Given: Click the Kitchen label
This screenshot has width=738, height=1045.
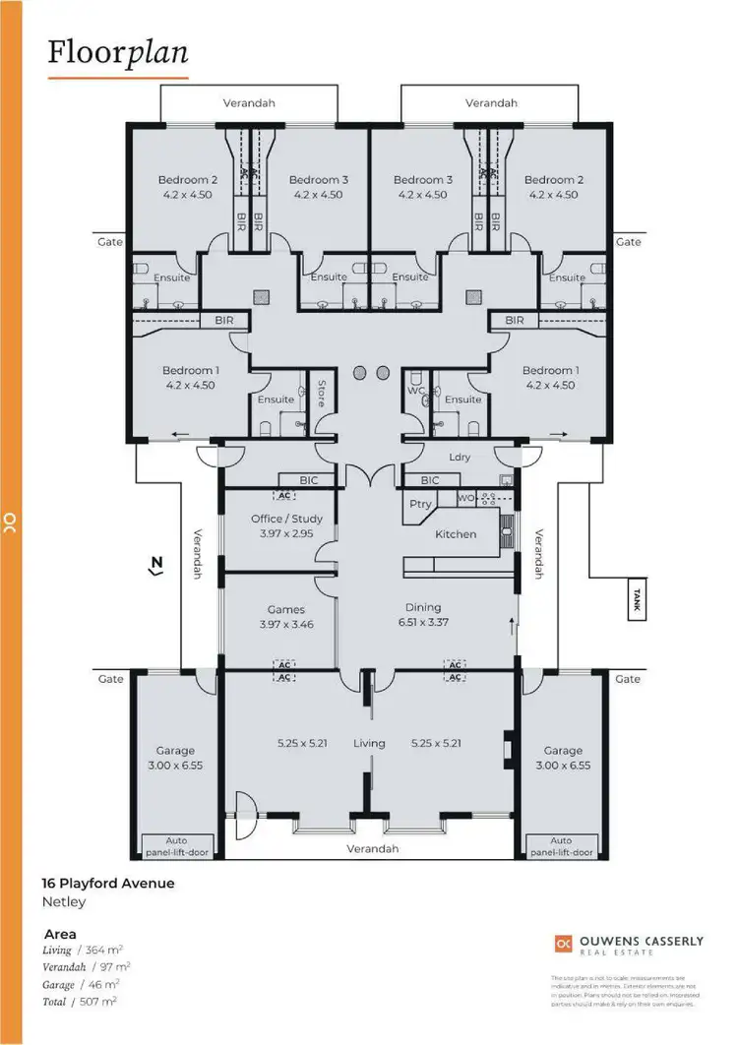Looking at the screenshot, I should point(456,534).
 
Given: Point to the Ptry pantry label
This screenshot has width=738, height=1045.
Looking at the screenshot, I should point(418,502).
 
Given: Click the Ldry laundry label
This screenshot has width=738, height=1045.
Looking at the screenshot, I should point(459,457).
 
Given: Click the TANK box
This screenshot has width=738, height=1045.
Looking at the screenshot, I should point(638,601).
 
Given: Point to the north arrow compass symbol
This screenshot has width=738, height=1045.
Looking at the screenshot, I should point(155,565).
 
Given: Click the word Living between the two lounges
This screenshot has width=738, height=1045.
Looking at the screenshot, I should point(369,743).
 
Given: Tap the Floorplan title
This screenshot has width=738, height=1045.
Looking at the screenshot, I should point(117,52).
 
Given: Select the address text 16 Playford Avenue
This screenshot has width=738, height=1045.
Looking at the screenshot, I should point(107,883).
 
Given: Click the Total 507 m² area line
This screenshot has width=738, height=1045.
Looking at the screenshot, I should point(81,1001).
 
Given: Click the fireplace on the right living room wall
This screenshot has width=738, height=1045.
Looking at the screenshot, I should point(507,750).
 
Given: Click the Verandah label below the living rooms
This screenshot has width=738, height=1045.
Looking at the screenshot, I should point(372,849).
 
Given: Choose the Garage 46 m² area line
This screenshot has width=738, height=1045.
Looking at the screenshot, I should point(81,984).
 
